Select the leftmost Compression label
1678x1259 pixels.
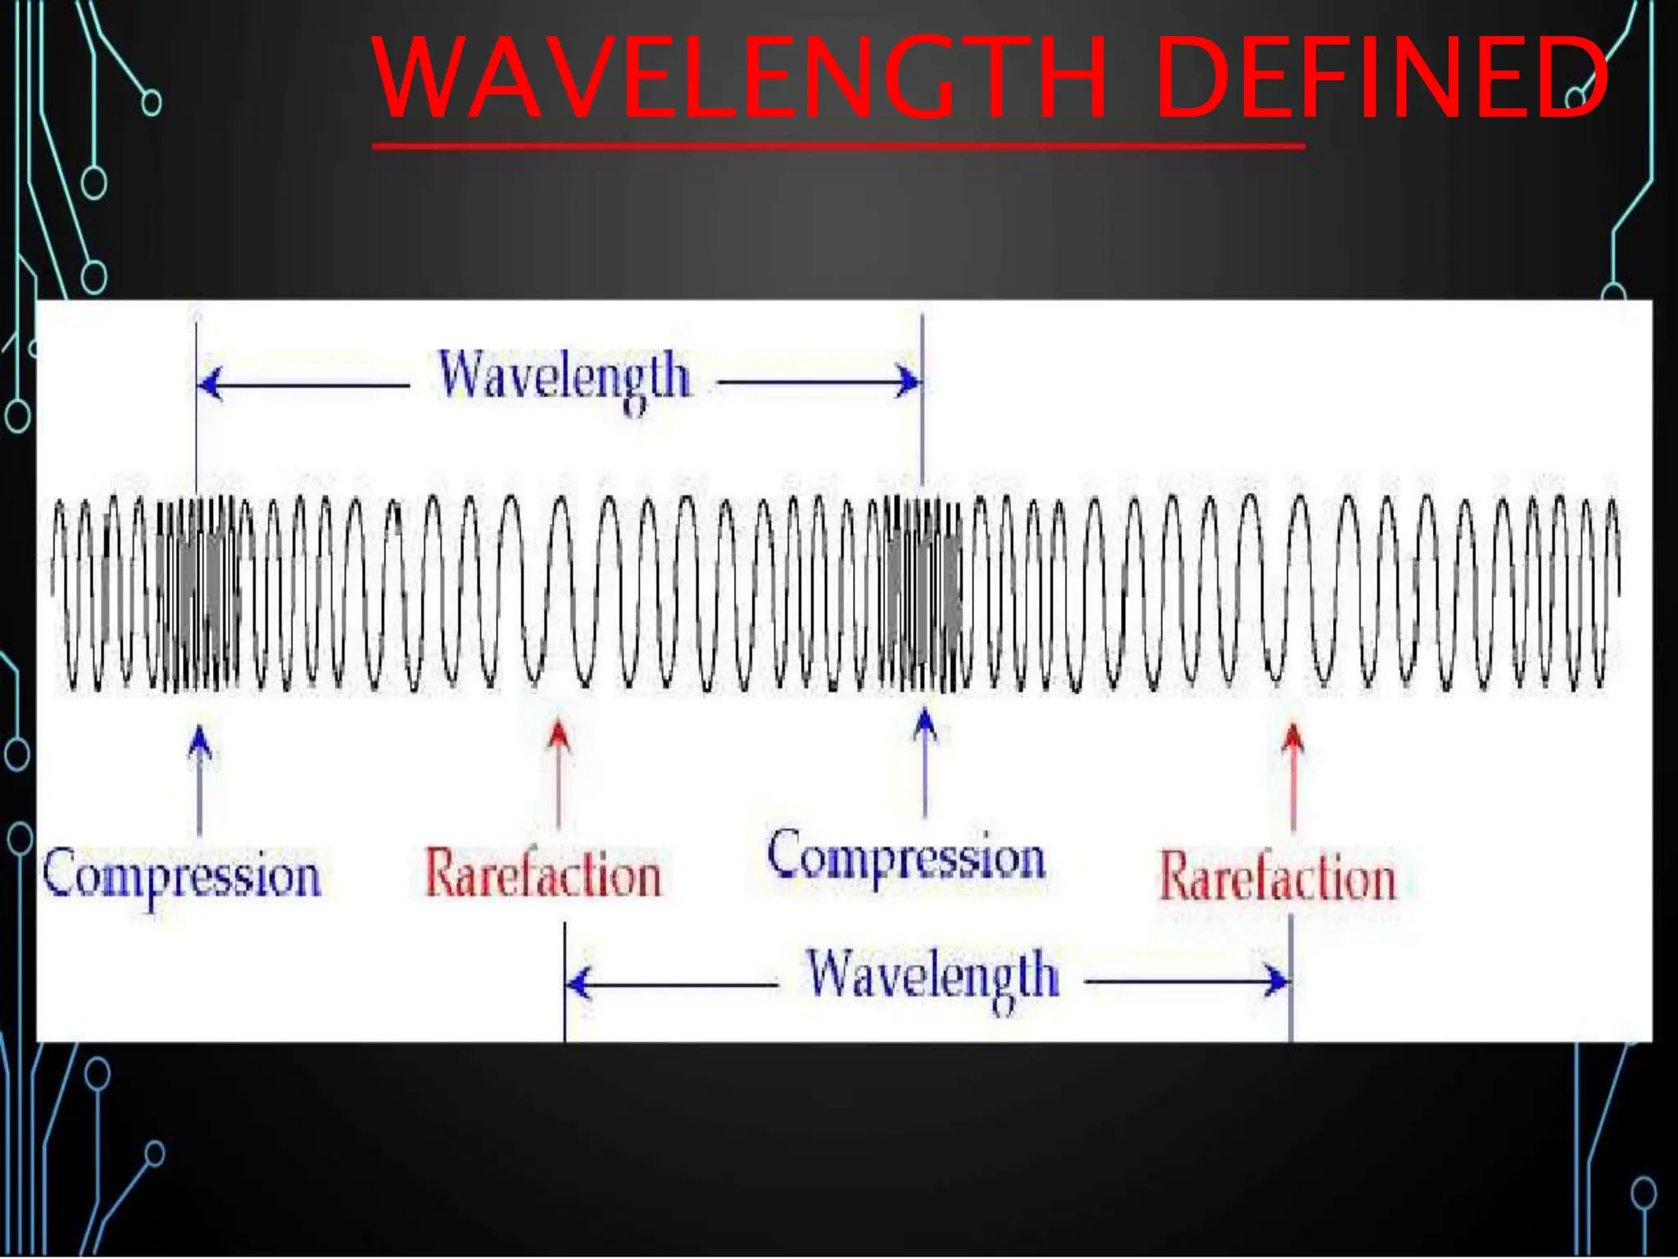tap(182, 875)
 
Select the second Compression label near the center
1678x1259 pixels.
tap(906, 857)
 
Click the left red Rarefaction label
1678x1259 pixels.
tap(542, 874)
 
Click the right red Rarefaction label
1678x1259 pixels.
tap(1278, 877)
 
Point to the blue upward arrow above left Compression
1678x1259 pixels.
tap(199, 742)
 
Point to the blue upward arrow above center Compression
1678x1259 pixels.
tap(925, 725)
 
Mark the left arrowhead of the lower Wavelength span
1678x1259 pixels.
tap(578, 983)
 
